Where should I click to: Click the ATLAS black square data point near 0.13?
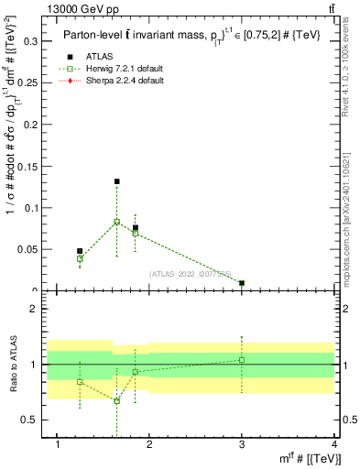coord(116,181)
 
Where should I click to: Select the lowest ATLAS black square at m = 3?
coord(242,283)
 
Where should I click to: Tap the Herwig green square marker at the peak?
coord(116,222)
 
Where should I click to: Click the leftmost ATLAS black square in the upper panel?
coord(80,251)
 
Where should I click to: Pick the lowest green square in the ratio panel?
coord(116,400)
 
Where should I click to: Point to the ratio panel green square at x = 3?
coord(242,360)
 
